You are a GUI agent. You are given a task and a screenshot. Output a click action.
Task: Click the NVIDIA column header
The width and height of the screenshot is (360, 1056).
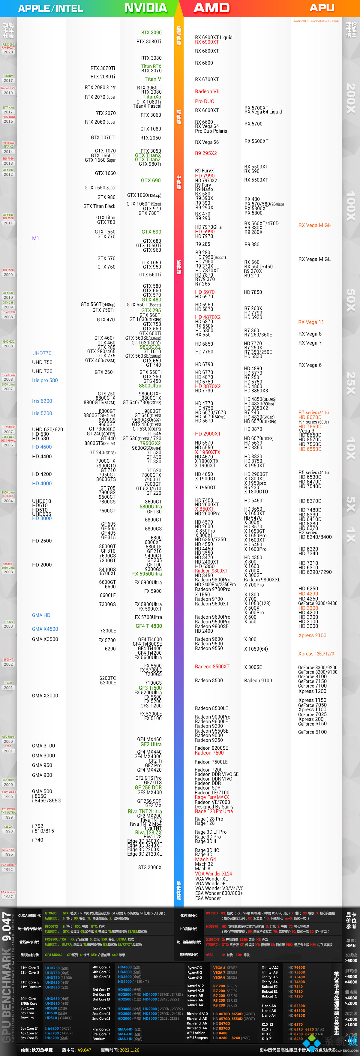[x=145, y=8]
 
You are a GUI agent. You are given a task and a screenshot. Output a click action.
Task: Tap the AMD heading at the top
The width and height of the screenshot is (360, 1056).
[x=211, y=8]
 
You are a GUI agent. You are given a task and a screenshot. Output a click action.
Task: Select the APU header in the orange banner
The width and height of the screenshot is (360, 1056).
[x=322, y=8]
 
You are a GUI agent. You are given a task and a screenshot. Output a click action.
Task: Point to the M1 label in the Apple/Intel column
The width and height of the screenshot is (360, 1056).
[x=36, y=238]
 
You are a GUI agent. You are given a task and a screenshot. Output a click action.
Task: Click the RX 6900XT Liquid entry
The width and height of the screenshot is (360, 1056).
[x=214, y=37]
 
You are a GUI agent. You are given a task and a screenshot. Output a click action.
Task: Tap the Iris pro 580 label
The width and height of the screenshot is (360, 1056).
[x=45, y=380]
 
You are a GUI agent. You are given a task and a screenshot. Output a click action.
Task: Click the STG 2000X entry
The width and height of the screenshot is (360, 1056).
[x=150, y=867]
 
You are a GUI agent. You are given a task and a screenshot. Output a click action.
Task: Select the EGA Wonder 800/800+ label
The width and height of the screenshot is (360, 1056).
[x=219, y=893]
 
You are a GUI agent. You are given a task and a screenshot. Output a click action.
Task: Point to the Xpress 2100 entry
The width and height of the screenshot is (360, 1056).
[x=312, y=635]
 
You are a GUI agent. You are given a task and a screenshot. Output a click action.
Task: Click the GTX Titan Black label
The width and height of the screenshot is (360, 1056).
[x=99, y=206]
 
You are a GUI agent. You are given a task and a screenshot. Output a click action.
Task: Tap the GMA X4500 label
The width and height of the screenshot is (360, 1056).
[x=45, y=628]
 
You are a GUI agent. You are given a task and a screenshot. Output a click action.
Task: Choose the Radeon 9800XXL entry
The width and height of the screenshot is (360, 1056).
[x=262, y=580]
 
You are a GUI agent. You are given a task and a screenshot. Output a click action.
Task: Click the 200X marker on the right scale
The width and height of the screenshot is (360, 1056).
[x=351, y=98]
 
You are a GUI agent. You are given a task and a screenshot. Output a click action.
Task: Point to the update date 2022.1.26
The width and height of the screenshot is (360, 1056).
[x=125, y=1050]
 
